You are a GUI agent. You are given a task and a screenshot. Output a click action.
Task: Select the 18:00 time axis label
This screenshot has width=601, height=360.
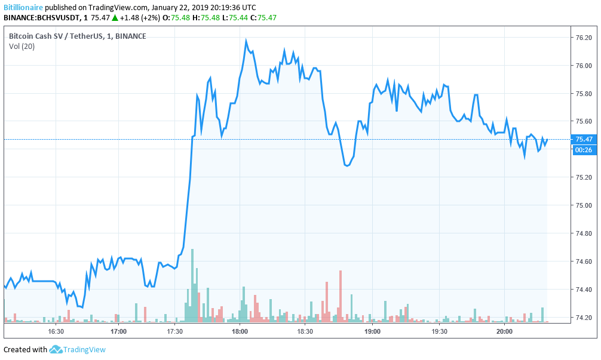tap(240, 330)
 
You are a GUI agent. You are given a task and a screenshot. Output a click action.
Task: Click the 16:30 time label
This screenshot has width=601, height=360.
tap(56, 330)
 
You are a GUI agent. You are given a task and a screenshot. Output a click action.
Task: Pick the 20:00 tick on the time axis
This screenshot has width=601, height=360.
tap(504, 330)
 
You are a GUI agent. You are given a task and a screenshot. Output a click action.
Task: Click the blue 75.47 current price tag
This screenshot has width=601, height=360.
tap(584, 139)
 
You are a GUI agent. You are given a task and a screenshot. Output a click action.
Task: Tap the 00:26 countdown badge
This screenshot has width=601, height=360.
tap(583, 150)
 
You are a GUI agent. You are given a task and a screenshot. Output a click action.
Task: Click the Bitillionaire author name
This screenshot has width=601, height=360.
tap(23, 8)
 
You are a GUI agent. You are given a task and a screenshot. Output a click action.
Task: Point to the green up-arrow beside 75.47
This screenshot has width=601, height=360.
tap(115, 18)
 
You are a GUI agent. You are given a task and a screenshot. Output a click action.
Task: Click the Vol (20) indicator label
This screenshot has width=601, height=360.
tap(22, 47)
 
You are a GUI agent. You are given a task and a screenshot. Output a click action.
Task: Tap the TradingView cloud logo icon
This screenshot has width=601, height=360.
tap(56, 349)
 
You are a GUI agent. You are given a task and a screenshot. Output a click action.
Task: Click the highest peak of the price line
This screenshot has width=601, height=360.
tap(246, 41)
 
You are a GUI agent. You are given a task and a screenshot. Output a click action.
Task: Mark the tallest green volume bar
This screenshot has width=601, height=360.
tap(192, 287)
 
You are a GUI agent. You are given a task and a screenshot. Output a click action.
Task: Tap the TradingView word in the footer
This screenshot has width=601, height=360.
tap(84, 350)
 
